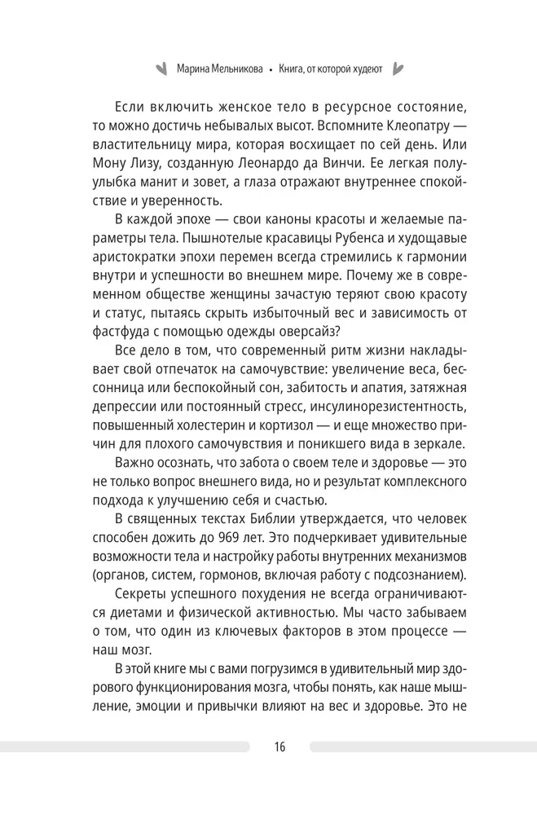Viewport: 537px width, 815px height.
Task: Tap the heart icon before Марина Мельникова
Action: click(161, 68)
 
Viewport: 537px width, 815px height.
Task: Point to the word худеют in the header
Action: click(363, 69)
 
